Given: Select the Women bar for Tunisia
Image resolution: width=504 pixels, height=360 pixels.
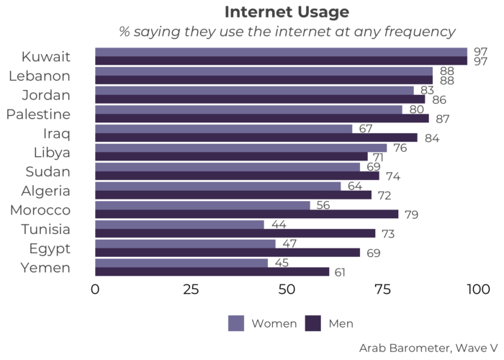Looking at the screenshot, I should point(179,225).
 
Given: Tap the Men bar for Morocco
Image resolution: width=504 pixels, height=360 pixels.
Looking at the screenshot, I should point(246,214).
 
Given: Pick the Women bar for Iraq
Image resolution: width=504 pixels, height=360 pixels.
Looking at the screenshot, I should point(223,128).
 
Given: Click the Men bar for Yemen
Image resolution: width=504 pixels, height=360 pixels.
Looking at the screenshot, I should point(212,271).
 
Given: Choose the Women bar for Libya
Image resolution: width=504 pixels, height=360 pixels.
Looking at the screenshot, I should point(240,148).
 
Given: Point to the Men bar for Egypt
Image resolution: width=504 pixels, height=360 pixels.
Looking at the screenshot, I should point(227,253).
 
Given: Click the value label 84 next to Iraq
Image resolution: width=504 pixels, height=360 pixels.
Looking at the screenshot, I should point(432,138).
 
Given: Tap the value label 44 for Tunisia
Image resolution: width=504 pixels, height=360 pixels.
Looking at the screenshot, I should point(279,225).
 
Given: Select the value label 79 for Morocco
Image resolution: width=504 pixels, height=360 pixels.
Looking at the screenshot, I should point(413,214).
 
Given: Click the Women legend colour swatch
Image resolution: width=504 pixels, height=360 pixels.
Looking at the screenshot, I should point(237,323).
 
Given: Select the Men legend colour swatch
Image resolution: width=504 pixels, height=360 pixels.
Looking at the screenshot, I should point(313,323).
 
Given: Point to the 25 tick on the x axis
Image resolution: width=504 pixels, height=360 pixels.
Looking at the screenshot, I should point(191,289).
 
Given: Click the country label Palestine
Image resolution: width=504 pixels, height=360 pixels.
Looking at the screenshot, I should point(38,114).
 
